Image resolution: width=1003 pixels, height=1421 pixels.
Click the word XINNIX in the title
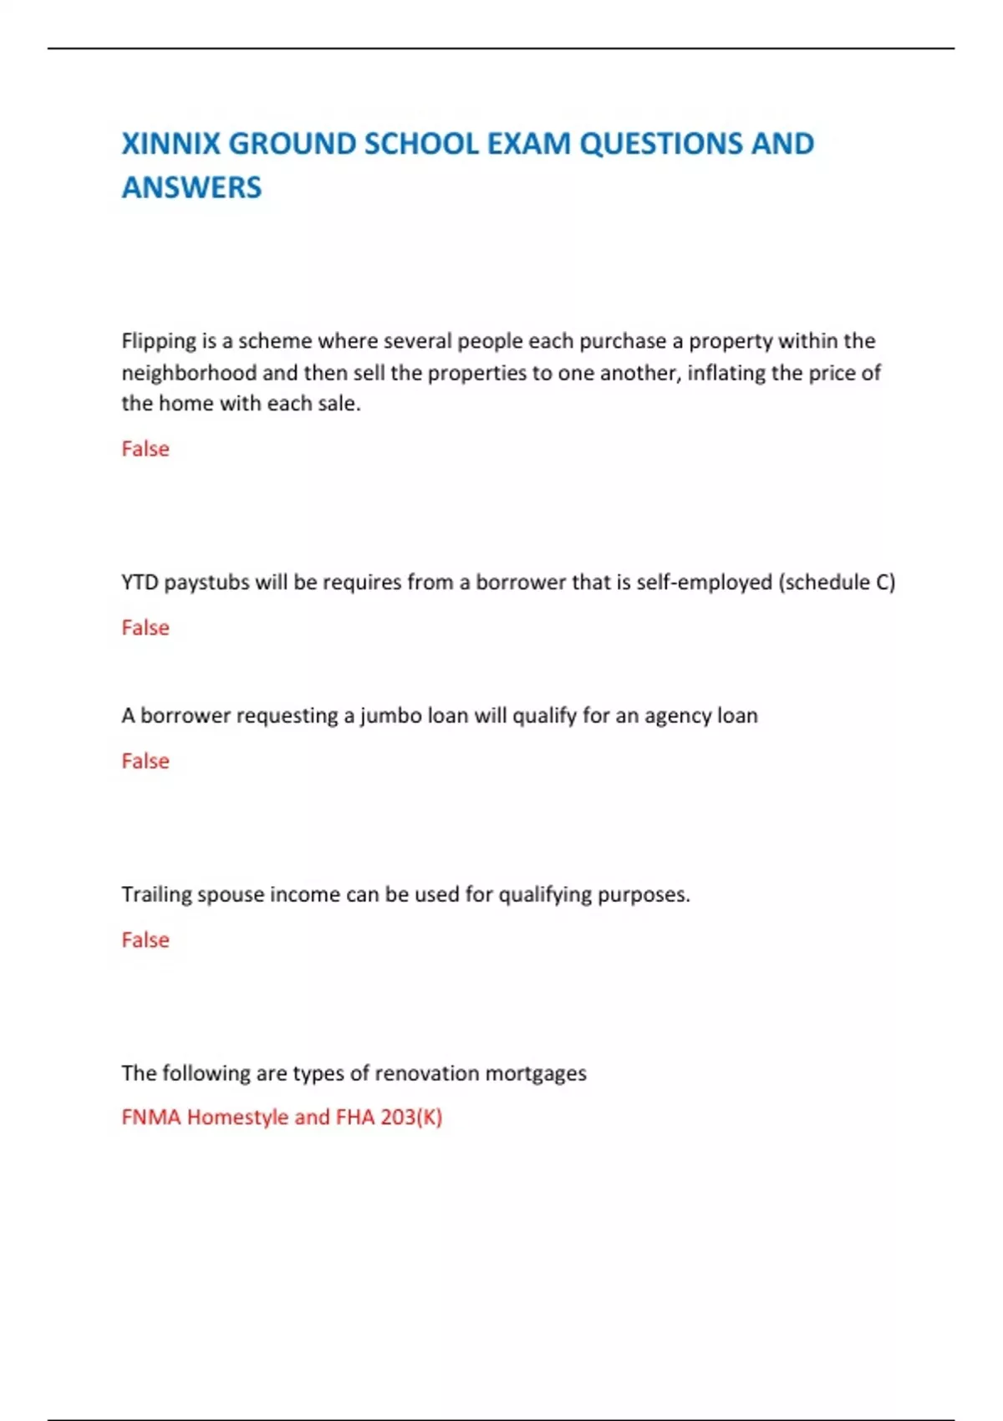point(171,144)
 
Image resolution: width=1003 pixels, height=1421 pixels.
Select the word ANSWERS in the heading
point(191,187)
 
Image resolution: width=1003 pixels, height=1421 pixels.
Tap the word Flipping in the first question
point(159,341)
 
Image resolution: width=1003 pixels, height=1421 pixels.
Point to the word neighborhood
point(189,373)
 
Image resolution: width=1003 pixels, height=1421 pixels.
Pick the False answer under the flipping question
point(145,449)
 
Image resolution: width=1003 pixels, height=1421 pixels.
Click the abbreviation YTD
point(140,582)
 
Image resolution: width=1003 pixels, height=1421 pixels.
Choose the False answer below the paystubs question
point(145,628)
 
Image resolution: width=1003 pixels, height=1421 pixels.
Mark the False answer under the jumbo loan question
point(145,761)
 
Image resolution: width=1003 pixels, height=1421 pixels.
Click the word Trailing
point(156,894)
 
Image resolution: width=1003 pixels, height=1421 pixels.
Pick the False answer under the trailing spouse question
point(145,940)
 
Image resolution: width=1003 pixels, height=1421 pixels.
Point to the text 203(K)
point(411,1118)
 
